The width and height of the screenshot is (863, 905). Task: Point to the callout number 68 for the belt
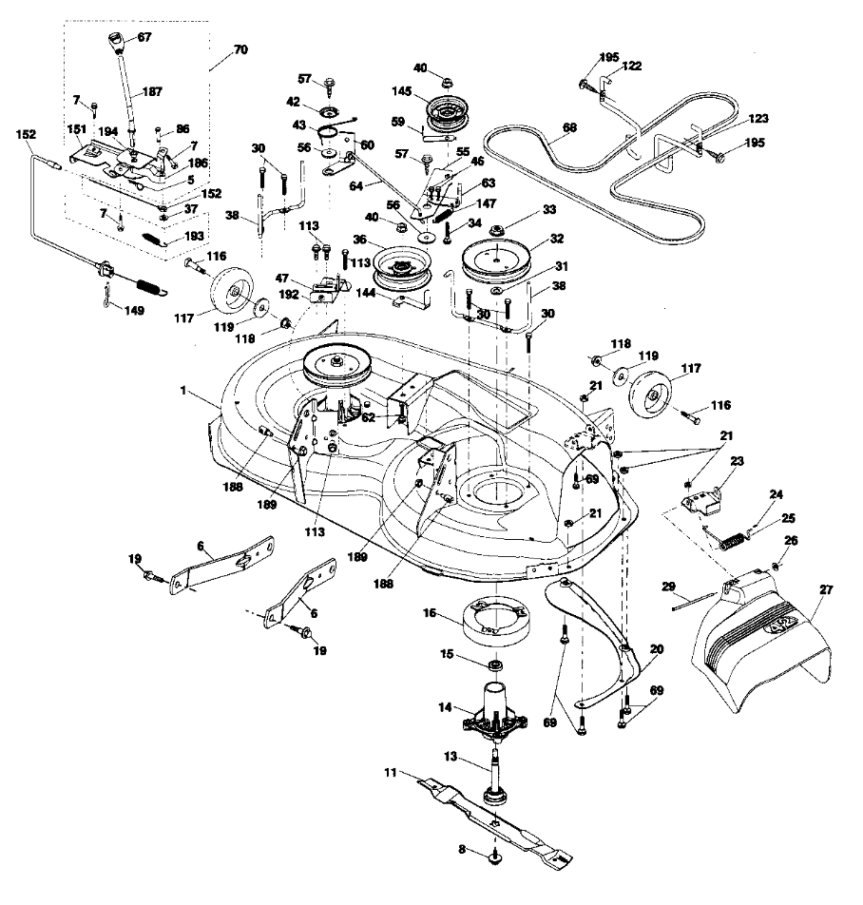(569, 126)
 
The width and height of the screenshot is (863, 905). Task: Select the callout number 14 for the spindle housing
(444, 707)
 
